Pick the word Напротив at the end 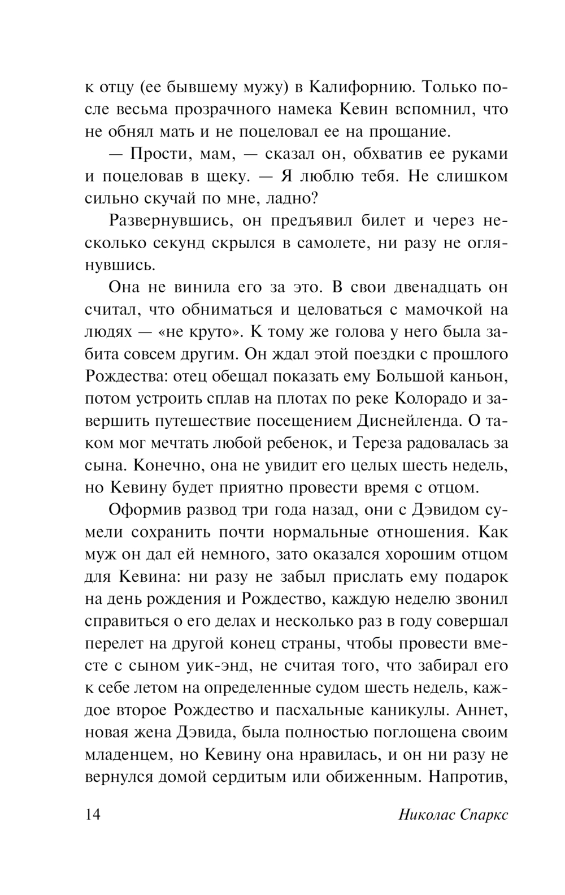point(468,776)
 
